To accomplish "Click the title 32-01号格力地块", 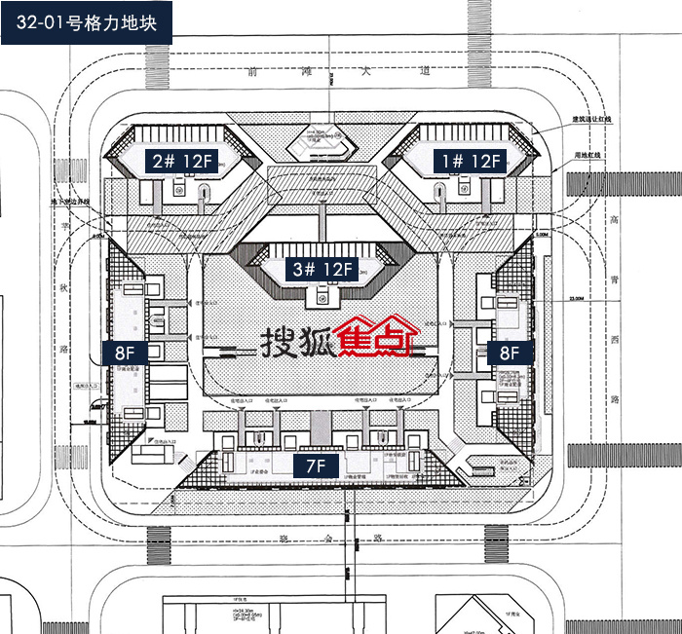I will pyautogui.click(x=87, y=20).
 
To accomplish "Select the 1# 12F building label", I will pyautogui.click(x=471, y=161).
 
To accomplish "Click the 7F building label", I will pyautogui.click(x=316, y=466).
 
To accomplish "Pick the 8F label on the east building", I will pyautogui.click(x=510, y=353).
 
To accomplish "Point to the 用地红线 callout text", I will pyautogui.click(x=591, y=155).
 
